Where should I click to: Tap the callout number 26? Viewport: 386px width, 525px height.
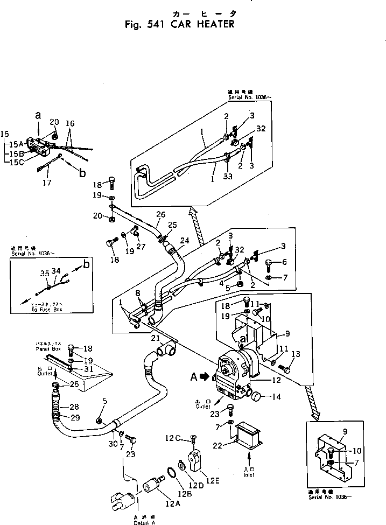click(159, 214)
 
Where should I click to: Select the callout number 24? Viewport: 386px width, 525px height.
click(185, 240)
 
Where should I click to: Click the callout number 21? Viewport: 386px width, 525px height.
click(155, 338)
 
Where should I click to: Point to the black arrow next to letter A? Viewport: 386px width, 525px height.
click(206, 377)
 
